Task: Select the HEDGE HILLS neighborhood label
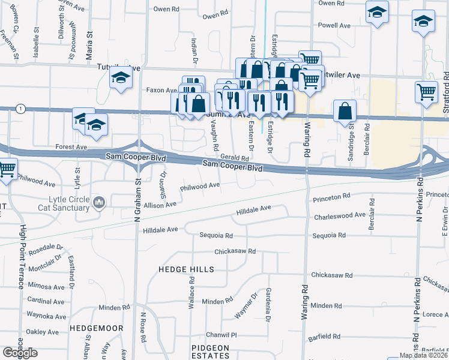pyautogui.click(x=186, y=270)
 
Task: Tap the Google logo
pyautogui.click(x=20, y=353)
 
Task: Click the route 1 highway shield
pyautogui.click(x=22, y=108)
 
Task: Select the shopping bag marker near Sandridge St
pyautogui.click(x=345, y=111)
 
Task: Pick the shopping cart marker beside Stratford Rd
pyautogui.click(x=426, y=92)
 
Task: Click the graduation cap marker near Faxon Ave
pyautogui.click(x=121, y=79)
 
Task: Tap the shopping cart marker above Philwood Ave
pyautogui.click(x=7, y=169)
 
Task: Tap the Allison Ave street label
pyautogui.click(x=160, y=205)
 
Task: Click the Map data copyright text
pyautogui.click(x=423, y=355)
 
